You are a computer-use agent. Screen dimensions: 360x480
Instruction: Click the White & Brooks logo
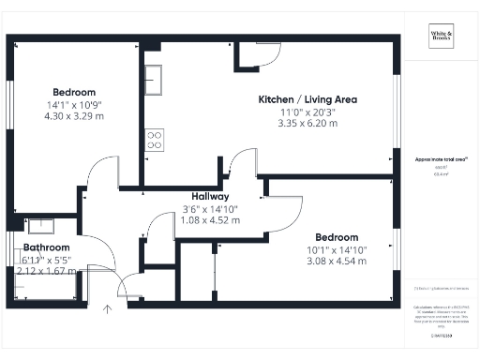pyautogui.click(x=441, y=37)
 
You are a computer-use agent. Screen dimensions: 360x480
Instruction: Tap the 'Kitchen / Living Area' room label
pyautogui.click(x=307, y=99)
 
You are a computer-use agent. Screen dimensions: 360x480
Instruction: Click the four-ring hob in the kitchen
pyautogui.click(x=154, y=141)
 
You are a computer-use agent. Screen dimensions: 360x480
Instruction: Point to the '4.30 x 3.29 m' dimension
pyautogui.click(x=74, y=116)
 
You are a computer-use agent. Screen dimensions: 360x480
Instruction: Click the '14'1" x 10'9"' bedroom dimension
pyautogui.click(x=74, y=104)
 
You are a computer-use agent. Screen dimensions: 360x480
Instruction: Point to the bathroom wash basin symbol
pyautogui.click(x=40, y=225)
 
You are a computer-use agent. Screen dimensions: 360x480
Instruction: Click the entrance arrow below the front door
pyautogui.click(x=108, y=308)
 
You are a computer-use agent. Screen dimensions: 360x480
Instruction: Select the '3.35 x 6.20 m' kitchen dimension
pyautogui.click(x=307, y=124)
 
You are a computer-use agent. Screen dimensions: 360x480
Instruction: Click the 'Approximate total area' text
pyautogui.click(x=440, y=160)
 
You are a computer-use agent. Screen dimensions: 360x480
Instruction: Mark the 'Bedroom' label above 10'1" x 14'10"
pyautogui.click(x=337, y=237)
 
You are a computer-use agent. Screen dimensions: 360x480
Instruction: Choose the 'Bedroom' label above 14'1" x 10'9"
pyautogui.click(x=74, y=92)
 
